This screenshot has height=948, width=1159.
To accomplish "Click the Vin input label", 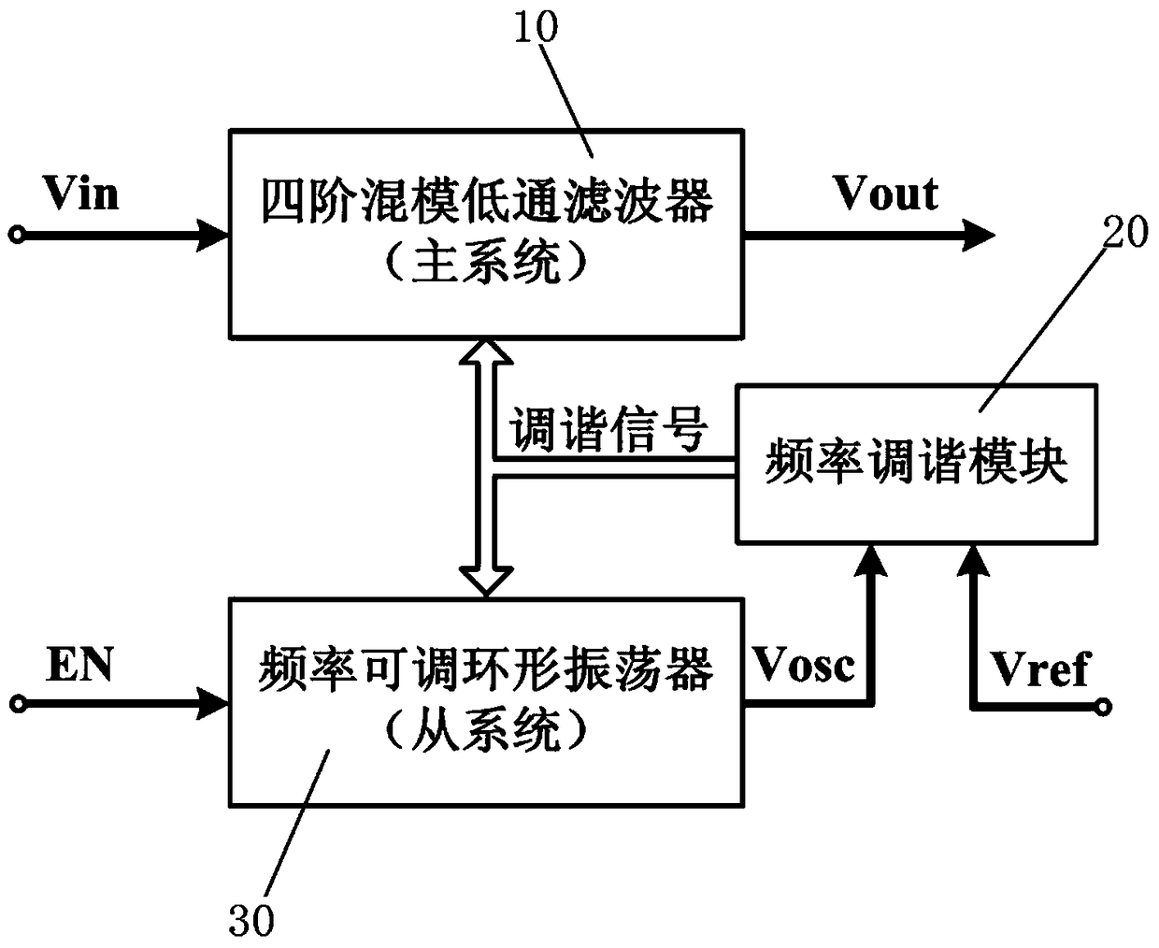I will (80, 194).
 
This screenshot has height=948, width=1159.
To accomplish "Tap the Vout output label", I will (885, 194).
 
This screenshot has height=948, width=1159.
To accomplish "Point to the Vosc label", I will (804, 665).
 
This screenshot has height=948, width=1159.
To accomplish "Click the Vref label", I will (1040, 669).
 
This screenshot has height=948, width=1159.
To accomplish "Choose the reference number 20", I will (1125, 232).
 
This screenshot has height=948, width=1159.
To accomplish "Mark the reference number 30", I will (251, 921).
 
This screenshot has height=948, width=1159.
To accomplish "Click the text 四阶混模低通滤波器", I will (486, 203).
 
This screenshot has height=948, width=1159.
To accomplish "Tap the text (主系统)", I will (486, 266).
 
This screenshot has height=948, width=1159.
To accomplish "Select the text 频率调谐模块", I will (916, 463).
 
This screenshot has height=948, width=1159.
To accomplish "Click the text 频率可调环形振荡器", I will (486, 671).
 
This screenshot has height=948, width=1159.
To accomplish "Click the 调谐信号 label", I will (608, 432).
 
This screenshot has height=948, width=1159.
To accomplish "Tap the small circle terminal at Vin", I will (16, 235).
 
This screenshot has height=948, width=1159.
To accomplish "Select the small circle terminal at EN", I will (16, 701).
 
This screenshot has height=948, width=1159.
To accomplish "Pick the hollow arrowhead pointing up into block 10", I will (488, 352).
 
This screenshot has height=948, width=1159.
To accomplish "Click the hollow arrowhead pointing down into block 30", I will (488, 582).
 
